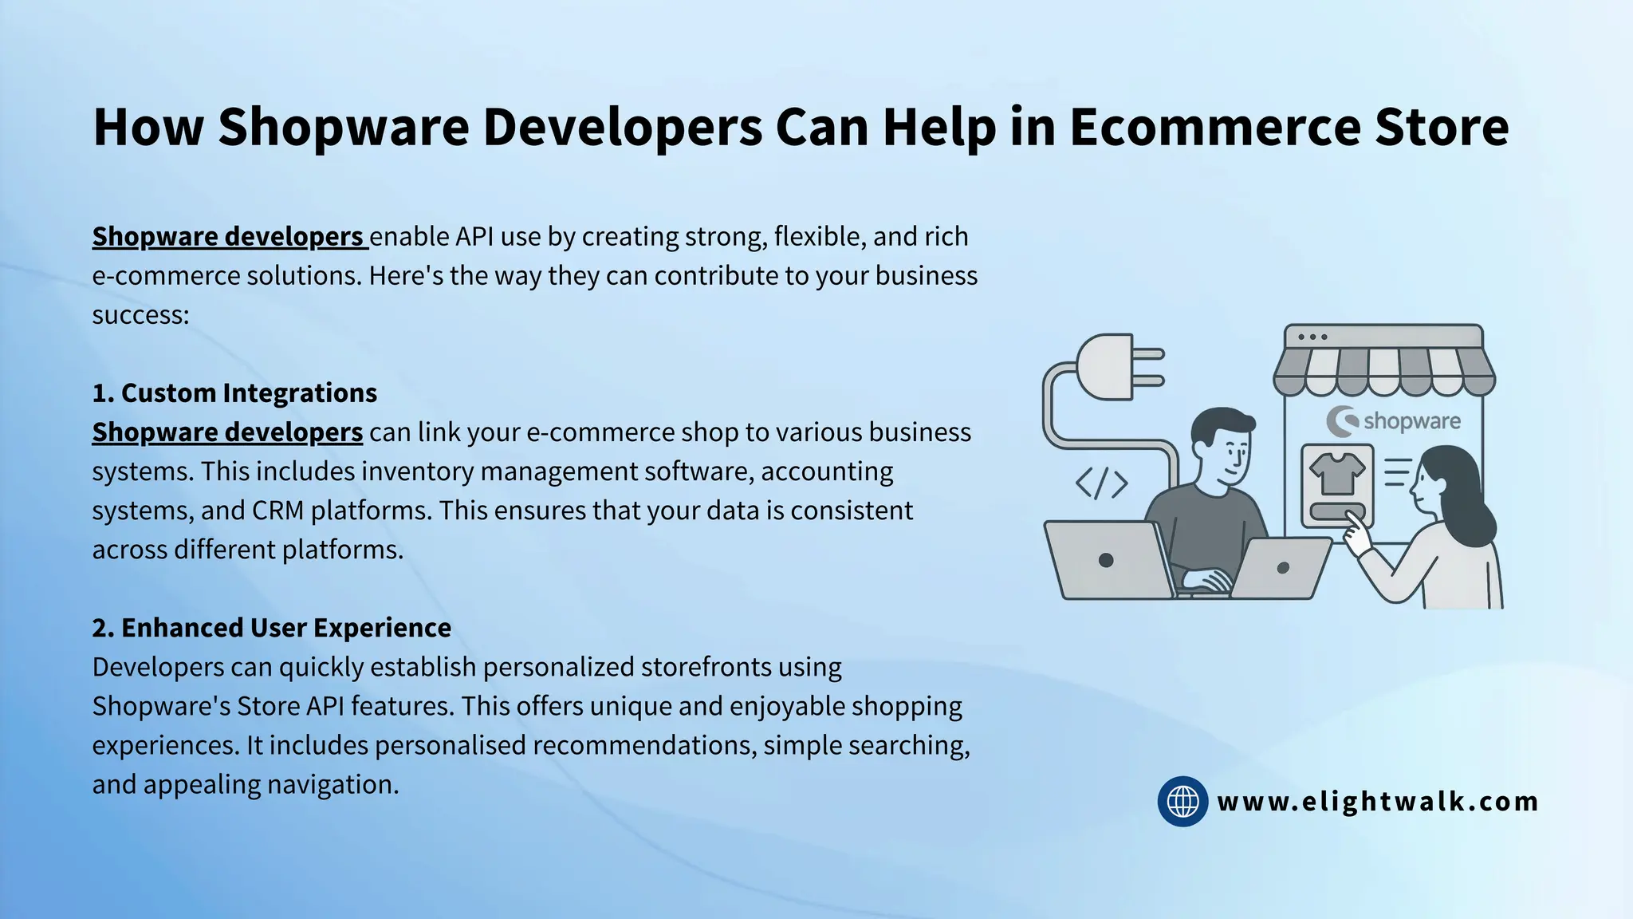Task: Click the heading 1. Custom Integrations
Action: pyautogui.click(x=234, y=393)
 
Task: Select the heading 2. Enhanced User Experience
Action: pyautogui.click(x=271, y=628)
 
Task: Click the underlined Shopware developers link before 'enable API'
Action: pyautogui.click(x=229, y=237)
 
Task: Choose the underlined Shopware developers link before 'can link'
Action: pyautogui.click(x=227, y=432)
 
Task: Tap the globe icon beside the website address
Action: pyautogui.click(x=1182, y=801)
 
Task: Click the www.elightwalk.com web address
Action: pyautogui.click(x=1378, y=801)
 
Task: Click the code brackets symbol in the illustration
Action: pyautogui.click(x=1101, y=483)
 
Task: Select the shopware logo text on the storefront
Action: pyautogui.click(x=1411, y=421)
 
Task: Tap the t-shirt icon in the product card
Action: pyautogui.click(x=1337, y=473)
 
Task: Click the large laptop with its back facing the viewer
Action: pyautogui.click(x=1108, y=559)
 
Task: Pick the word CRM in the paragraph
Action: pyautogui.click(x=277, y=511)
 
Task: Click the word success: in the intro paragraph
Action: pyautogui.click(x=140, y=315)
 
